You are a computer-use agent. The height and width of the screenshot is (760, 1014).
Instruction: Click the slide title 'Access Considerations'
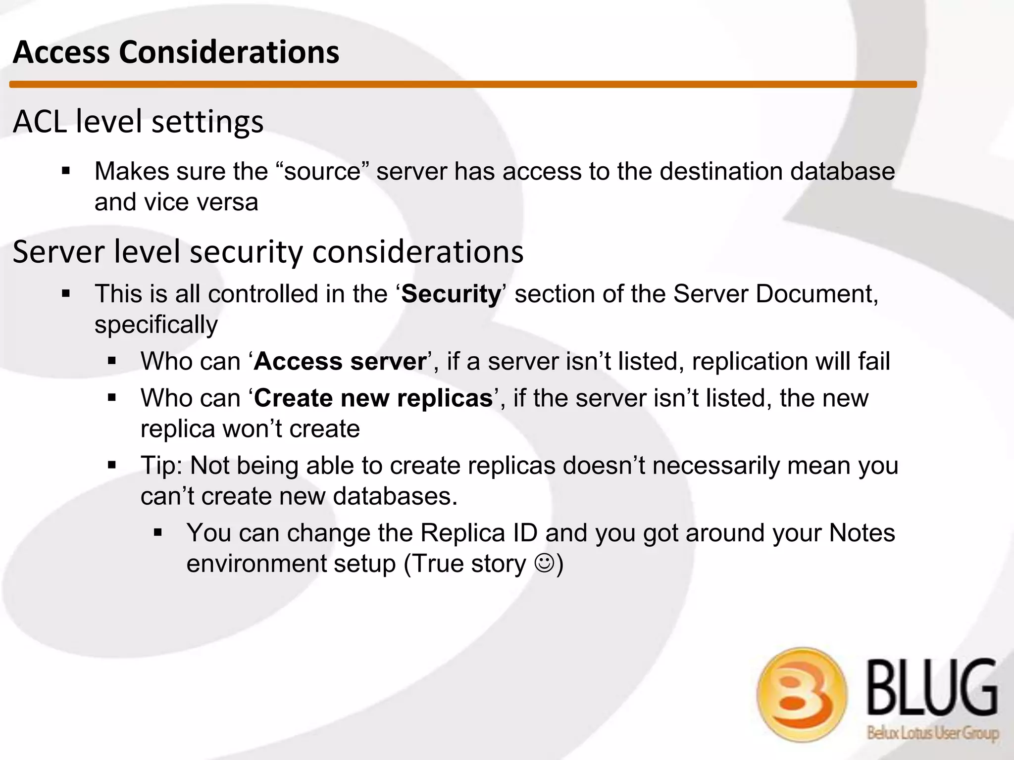176,52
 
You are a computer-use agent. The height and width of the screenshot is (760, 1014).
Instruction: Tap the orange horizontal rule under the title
463,85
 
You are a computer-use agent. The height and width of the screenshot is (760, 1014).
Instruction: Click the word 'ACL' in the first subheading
40,122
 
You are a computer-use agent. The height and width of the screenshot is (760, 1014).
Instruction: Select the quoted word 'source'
322,172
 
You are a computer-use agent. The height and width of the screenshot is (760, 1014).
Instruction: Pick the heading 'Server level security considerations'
268,252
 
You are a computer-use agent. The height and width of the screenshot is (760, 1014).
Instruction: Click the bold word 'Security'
451,294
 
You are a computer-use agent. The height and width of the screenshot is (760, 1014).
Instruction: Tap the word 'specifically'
156,325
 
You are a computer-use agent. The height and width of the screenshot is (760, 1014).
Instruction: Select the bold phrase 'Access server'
340,362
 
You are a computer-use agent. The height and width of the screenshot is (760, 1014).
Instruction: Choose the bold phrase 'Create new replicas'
373,398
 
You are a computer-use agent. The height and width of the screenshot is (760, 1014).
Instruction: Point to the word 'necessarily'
716,466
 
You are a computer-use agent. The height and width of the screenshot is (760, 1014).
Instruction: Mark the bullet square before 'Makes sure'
66,172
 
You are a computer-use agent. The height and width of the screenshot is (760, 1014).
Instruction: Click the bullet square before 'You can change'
158,533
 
